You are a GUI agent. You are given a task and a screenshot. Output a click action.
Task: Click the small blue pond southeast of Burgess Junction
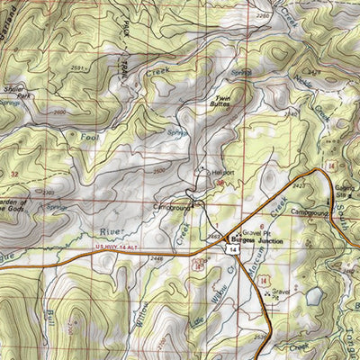(x=313, y=294)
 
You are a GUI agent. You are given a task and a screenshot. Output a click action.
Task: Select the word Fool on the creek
(x=89, y=138)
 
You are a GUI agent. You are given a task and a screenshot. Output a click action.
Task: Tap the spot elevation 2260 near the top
(x=263, y=16)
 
